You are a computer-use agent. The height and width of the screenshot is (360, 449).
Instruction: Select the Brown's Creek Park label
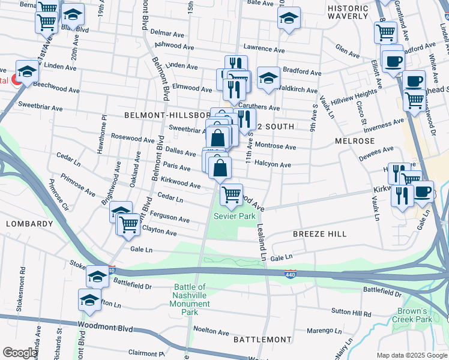pyautogui.click(x=415, y=315)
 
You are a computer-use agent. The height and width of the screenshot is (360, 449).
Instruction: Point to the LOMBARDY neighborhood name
pyautogui.click(x=29, y=223)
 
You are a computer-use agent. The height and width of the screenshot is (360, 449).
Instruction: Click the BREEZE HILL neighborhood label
pyautogui.click(x=320, y=234)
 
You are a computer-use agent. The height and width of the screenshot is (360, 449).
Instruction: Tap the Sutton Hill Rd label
pyautogui.click(x=352, y=313)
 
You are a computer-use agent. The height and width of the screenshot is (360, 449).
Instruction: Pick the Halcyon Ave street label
pyautogui.click(x=273, y=164)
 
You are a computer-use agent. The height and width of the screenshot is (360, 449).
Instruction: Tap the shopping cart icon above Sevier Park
pyautogui.click(x=231, y=194)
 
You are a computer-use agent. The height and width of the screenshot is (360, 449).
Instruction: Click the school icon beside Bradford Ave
pyautogui.click(x=268, y=78)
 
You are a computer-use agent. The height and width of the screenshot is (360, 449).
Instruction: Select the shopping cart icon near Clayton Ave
pyautogui.click(x=128, y=224)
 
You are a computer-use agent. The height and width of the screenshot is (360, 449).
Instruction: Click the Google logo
pyautogui.click(x=20, y=353)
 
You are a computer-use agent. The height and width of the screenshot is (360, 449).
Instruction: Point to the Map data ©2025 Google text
pyautogui.click(x=412, y=355)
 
